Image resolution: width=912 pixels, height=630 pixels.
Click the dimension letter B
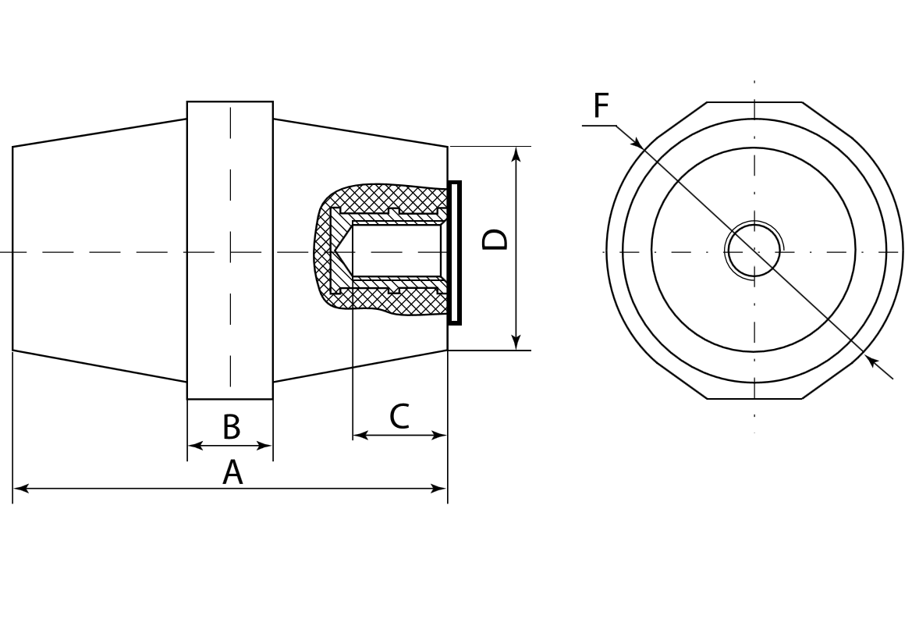click(231, 428)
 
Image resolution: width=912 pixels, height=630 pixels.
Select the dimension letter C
click(399, 417)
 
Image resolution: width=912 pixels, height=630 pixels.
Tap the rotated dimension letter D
click(495, 240)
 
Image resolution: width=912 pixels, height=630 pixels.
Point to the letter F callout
click(600, 106)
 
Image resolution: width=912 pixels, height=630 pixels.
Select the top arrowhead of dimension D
click(516, 154)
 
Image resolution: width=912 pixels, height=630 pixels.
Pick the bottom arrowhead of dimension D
click(516, 342)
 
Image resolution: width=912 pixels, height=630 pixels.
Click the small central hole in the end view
click(754, 251)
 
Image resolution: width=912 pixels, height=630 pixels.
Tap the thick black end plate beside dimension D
click(455, 252)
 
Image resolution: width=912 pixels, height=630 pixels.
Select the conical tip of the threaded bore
click(341, 252)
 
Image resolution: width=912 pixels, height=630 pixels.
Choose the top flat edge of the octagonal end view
click(754, 102)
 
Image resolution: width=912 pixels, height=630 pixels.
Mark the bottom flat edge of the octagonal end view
click(754, 399)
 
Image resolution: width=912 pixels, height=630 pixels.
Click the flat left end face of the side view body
click(13, 248)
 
